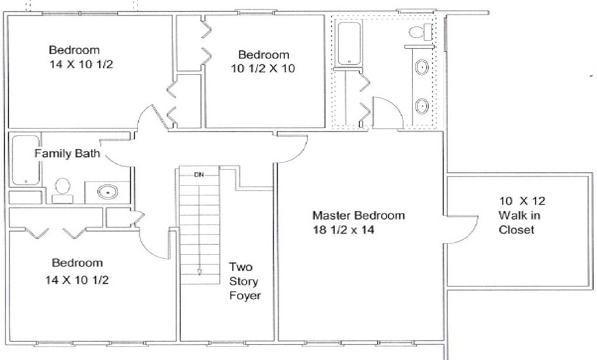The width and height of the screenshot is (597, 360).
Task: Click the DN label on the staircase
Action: click(199, 175)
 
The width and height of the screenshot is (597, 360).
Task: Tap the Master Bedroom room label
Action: click(359, 216)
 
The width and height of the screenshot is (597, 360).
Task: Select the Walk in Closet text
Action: click(519, 222)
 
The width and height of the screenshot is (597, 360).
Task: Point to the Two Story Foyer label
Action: click(245, 281)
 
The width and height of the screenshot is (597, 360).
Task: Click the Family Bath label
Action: click(68, 153)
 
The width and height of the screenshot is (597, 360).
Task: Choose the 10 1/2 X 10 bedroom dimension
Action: click(263, 69)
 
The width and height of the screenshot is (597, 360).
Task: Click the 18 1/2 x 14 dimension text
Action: click(343, 230)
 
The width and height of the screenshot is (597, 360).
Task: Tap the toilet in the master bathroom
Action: click(421, 32)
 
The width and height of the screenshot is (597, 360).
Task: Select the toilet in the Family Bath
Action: click(62, 191)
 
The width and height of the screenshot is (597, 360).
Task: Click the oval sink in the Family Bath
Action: click(107, 191)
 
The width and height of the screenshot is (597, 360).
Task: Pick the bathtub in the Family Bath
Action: click(26, 160)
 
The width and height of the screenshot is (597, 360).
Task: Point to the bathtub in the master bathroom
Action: click(350, 43)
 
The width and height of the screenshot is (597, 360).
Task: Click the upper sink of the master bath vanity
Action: click(422, 68)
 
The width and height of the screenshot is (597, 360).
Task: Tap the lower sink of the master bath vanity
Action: click(422, 106)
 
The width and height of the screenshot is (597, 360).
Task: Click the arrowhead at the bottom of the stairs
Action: click(199, 272)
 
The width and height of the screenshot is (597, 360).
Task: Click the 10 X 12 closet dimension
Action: click(522, 201)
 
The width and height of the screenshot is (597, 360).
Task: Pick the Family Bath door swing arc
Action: click(114, 162)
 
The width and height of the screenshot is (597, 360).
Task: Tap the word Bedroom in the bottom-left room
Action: click(78, 263)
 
